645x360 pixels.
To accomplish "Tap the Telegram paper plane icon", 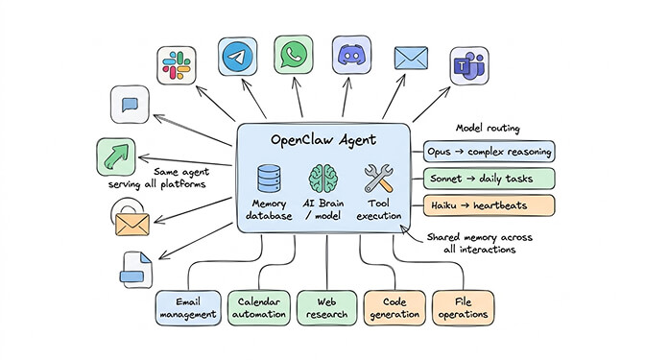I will tap(238, 58).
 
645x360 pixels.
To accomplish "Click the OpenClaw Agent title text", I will tap(323, 141).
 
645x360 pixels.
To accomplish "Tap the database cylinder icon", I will tap(268, 180).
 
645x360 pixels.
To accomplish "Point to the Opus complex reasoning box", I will tap(489, 152).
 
